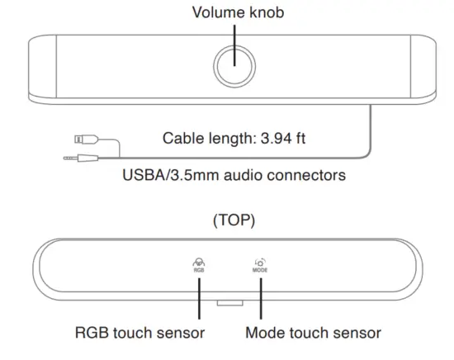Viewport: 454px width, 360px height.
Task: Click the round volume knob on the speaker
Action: click(x=234, y=64)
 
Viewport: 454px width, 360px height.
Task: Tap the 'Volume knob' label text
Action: click(x=234, y=13)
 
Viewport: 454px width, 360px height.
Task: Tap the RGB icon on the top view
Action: click(x=200, y=263)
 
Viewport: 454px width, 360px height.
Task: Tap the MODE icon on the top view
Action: click(x=260, y=263)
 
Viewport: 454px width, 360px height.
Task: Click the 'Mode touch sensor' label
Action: click(x=313, y=333)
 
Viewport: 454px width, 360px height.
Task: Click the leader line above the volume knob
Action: click(x=234, y=33)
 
